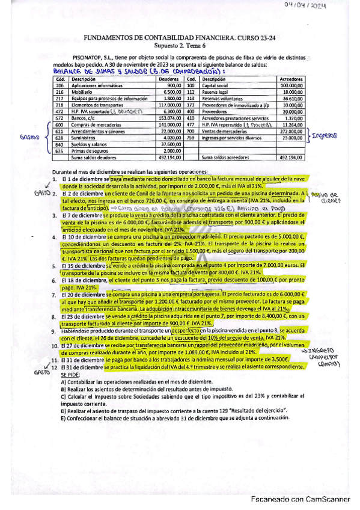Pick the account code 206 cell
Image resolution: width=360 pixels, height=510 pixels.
pos(59,86)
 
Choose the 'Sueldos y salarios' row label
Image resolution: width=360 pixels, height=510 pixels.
pos(87,144)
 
